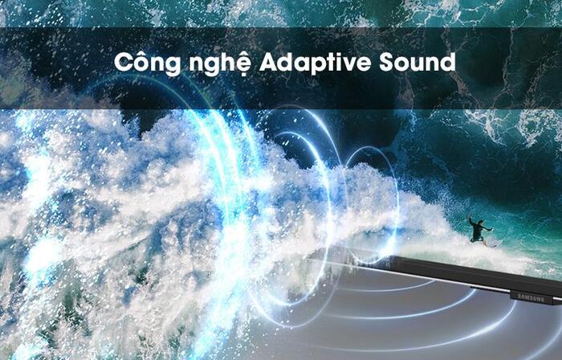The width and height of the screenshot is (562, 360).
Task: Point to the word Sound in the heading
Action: click(416, 62)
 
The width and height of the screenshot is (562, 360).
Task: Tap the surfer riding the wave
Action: click(479, 231)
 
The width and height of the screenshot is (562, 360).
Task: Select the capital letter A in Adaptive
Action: click(268, 62)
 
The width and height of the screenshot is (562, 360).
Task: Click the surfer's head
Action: click(480, 221)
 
